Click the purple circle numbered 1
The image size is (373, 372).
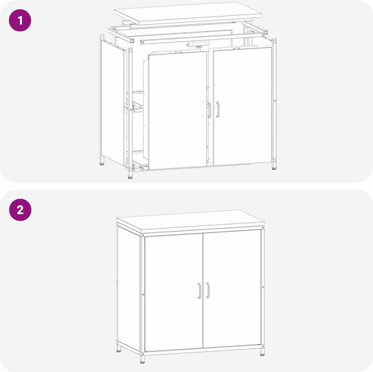coord(20,20)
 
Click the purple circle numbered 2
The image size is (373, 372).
coord(20,210)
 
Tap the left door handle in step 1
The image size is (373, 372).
coord(209,110)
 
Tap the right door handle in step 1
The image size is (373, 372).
coord(218,109)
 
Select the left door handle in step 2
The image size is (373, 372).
coord(200,291)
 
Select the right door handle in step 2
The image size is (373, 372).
coord(208,290)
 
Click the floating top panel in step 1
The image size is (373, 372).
coord(188,13)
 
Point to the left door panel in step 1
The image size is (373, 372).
coord(178,110)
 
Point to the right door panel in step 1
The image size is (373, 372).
coord(242,106)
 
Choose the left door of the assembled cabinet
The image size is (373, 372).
coord(174,292)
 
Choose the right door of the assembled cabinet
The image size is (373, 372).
coord(232,288)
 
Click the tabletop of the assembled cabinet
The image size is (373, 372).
coord(191,221)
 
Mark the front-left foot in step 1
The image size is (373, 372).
coord(130,174)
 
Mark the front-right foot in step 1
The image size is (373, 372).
coord(274,166)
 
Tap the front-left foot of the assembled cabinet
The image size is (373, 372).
coord(142,360)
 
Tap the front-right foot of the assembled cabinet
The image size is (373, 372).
coord(262,352)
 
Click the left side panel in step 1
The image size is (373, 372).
coord(113,102)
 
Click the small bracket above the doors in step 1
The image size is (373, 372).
coord(198,44)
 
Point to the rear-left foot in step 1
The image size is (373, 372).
coord(102,162)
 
